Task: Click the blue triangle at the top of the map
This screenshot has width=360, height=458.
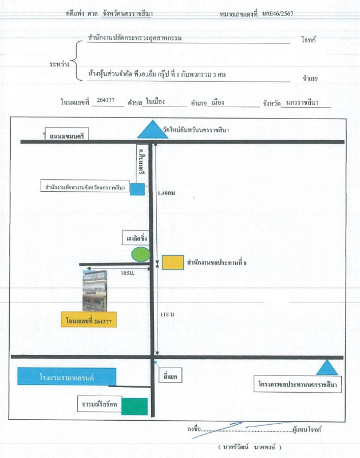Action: click(x=149, y=131)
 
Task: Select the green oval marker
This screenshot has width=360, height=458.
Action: click(x=141, y=253)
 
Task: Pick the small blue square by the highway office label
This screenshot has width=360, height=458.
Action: click(x=137, y=189)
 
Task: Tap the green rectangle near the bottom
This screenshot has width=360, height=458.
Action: click(x=134, y=406)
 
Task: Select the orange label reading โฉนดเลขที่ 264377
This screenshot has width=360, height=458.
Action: click(x=89, y=319)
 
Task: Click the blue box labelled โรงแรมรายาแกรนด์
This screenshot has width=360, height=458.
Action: click(x=67, y=377)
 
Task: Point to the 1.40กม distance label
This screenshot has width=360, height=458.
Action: click(x=166, y=194)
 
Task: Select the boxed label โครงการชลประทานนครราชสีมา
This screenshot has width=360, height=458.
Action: click(x=298, y=384)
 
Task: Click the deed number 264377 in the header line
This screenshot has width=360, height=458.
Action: click(x=106, y=101)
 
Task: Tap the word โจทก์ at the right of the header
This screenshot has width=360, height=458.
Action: click(x=308, y=41)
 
